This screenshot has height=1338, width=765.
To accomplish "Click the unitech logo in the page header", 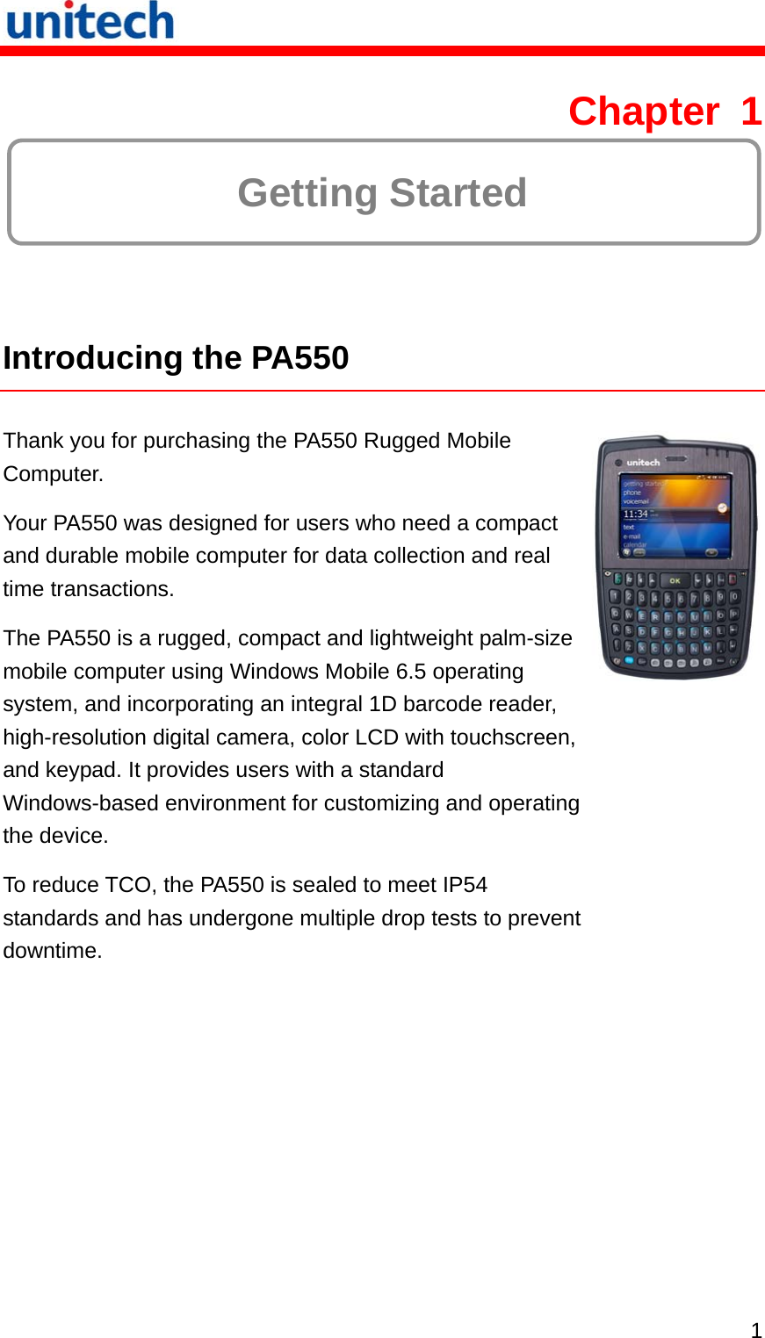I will (x=90, y=21).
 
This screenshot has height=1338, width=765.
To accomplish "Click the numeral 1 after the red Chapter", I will (x=750, y=111).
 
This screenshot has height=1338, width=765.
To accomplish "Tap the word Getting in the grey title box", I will (x=307, y=193).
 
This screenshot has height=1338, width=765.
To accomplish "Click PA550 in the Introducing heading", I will (x=300, y=358).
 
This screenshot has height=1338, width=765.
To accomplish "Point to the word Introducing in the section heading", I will (x=92, y=358).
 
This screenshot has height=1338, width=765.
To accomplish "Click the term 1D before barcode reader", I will (x=383, y=704).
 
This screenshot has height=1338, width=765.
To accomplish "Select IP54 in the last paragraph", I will (x=465, y=885).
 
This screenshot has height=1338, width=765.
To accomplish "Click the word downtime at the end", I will (x=52, y=951).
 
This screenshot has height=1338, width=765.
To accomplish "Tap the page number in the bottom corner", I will (x=755, y=1329).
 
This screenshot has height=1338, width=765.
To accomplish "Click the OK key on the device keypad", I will (x=675, y=580).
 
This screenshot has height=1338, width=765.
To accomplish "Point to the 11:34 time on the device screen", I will (x=636, y=514).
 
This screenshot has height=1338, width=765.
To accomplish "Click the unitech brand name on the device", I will (x=643, y=462).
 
